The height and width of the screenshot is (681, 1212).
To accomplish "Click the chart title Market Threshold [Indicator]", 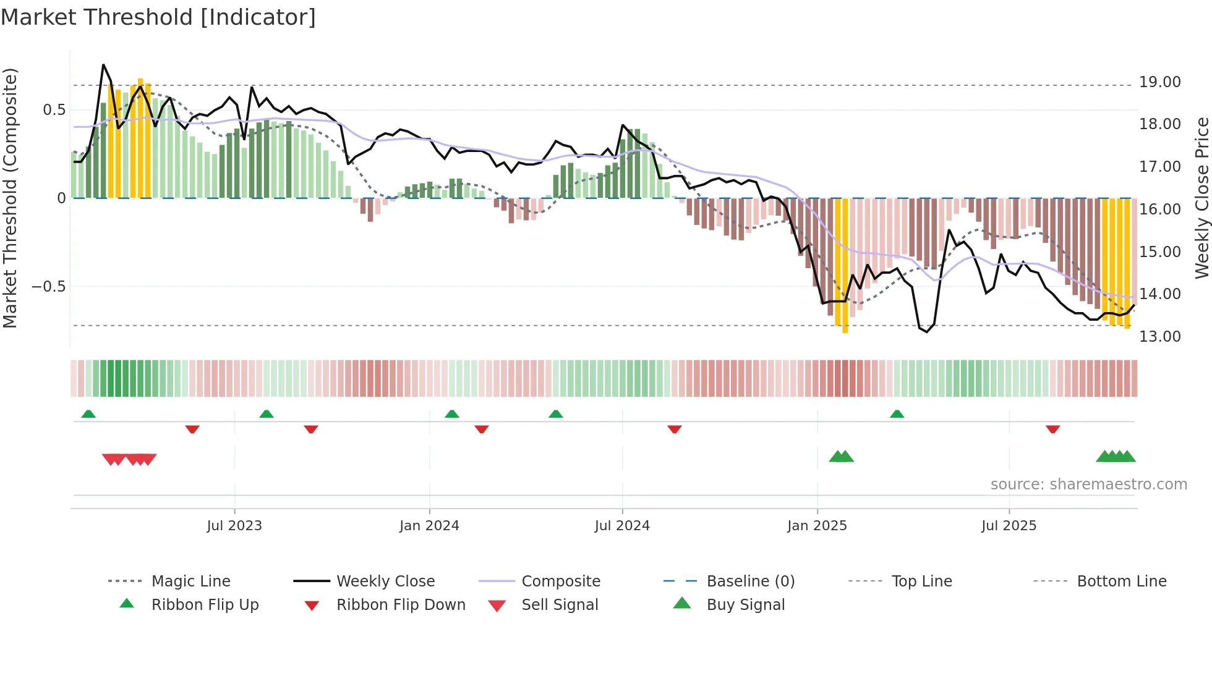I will (x=158, y=17).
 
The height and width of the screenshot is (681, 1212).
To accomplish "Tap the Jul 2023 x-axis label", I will (x=234, y=526).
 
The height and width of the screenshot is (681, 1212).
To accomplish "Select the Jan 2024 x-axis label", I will (x=429, y=526).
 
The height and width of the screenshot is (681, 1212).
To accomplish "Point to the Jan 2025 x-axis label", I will (x=817, y=526).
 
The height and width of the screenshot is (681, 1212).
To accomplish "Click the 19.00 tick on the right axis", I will (x=1159, y=82).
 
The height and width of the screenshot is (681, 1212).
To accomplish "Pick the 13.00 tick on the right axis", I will (x=1159, y=337).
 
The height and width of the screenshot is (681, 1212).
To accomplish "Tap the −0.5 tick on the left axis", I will (x=48, y=287).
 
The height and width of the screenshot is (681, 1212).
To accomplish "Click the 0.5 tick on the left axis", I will (x=54, y=110).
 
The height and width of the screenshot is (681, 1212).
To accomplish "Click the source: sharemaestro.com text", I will (x=1088, y=484).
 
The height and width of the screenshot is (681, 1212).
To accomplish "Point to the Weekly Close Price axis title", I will (x=1201, y=198).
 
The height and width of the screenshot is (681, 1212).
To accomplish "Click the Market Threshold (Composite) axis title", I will (x=10, y=198).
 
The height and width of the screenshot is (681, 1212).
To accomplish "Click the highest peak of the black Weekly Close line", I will (x=103, y=65).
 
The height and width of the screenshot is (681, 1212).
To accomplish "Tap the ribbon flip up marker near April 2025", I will (x=897, y=414).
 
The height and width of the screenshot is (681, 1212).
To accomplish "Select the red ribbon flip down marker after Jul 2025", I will (x=1052, y=429).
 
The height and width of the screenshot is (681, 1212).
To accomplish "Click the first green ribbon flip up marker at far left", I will (x=88, y=414).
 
